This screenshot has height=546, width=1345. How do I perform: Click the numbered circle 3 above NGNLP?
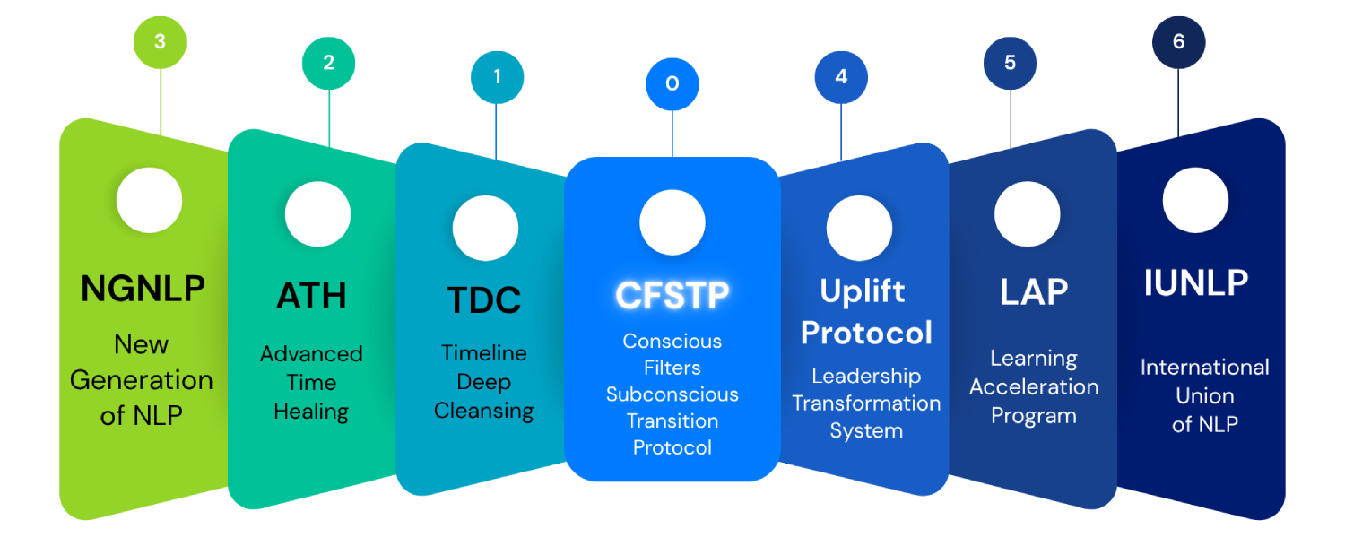pyautogui.click(x=160, y=41)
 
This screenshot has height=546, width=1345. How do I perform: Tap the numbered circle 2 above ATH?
pyautogui.click(x=328, y=63)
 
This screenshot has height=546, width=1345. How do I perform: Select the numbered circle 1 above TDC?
pyautogui.click(x=497, y=77)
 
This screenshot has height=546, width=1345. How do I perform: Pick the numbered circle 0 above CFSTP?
pyautogui.click(x=672, y=84)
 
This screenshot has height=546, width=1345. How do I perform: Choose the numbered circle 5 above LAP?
pyautogui.click(x=1011, y=63)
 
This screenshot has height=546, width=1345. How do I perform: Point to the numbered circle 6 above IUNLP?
pyautogui.click(x=1178, y=41)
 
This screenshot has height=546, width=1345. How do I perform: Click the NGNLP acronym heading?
pyautogui.click(x=143, y=289)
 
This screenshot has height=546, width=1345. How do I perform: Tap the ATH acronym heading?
pyautogui.click(x=311, y=296)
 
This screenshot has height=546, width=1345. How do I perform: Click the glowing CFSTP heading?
pyautogui.click(x=672, y=294)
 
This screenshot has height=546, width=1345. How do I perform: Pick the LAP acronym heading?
pyautogui.click(x=1034, y=292)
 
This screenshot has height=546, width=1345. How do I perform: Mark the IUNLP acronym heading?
pyautogui.click(x=1196, y=283)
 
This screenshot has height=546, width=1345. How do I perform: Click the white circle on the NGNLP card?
pyautogui.click(x=149, y=200)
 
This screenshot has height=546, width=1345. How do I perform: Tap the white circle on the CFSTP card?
pyautogui.click(x=672, y=222)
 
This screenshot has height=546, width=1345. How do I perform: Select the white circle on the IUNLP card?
pyautogui.click(x=1195, y=200)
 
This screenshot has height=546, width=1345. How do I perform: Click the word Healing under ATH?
pyautogui.click(x=311, y=412)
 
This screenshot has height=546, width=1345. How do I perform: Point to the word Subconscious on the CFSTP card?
pyautogui.click(x=672, y=394)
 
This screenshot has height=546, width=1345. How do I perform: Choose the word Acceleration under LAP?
pyautogui.click(x=1034, y=387)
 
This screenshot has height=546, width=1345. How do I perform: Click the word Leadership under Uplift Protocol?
pyautogui.click(x=866, y=376)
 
